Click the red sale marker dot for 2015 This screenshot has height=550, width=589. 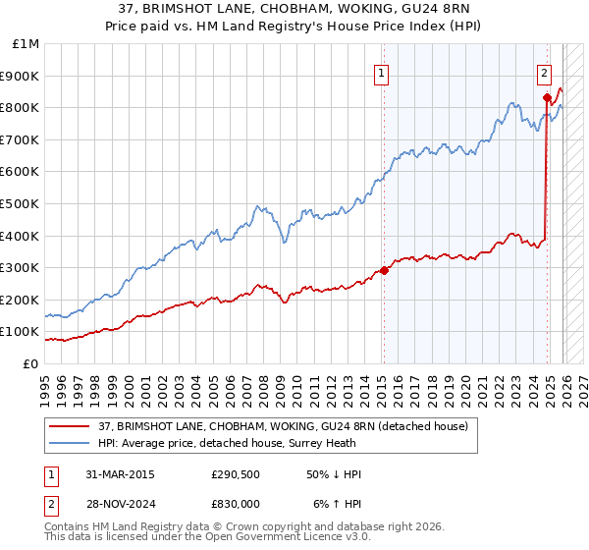click(x=384, y=271)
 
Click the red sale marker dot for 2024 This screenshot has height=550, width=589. click(x=547, y=97)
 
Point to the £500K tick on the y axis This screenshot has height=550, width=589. click(x=22, y=203)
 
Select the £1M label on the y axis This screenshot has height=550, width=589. click(x=27, y=43)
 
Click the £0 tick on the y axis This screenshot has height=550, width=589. click(x=31, y=363)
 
